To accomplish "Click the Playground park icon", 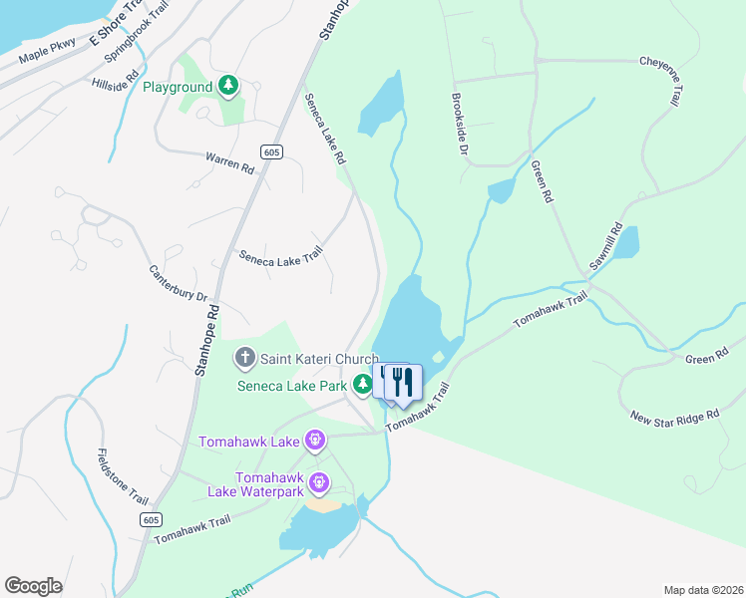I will pos(229,87).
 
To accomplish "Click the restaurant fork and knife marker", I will pos(403,383).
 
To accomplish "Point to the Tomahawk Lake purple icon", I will pos(315,439).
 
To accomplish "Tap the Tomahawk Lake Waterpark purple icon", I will pos(319,483).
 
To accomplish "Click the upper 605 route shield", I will pos(271,151).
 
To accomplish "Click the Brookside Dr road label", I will pos(459,127).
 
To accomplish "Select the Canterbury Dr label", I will pos(178,283).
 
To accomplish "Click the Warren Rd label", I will pos(229,161).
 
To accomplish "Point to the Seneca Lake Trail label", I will pos(281,255).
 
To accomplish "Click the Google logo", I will pos(34,586).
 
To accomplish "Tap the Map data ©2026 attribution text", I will pos(702,590).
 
